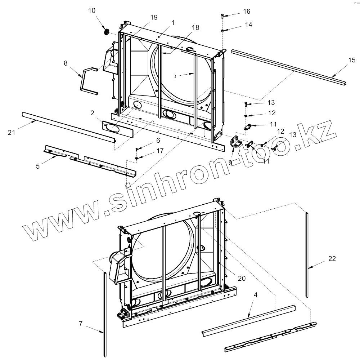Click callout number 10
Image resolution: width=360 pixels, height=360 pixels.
[x=92, y=10]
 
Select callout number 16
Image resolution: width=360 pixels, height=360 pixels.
[x=247, y=12]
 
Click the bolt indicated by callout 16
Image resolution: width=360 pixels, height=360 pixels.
[x=222, y=16]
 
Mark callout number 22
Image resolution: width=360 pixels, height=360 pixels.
[x=332, y=258]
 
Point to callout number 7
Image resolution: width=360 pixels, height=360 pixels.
[x=81, y=323]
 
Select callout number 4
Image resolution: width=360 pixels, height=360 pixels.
[x=256, y=294]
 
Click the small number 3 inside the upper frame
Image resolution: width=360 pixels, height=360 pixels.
[x=175, y=76]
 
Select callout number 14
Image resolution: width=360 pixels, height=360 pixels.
[x=248, y=25]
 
